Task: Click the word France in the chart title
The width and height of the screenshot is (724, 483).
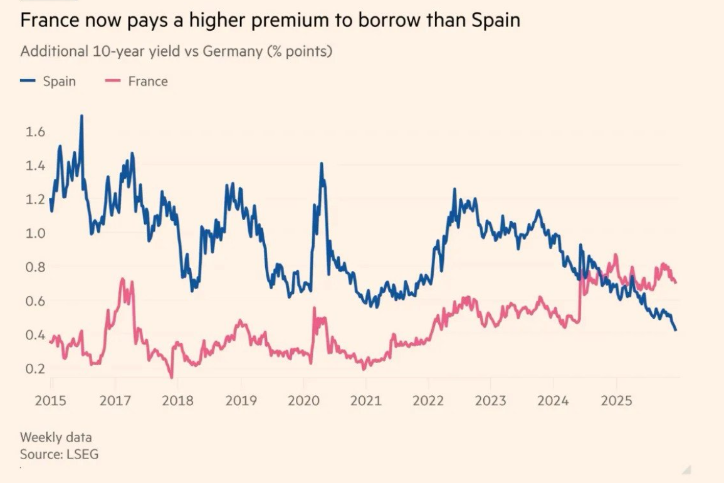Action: (48, 21)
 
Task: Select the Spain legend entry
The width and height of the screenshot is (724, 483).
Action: (59, 82)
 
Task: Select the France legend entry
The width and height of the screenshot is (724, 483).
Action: (148, 82)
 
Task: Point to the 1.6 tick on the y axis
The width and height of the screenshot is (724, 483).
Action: (34, 132)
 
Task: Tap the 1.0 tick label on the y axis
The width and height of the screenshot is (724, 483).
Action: (34, 233)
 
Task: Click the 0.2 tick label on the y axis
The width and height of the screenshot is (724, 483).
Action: (34, 369)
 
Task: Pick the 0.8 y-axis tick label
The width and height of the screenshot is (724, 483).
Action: (34, 267)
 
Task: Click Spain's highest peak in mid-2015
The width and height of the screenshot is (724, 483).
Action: (81, 116)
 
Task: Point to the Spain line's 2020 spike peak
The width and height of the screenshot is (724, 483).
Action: (322, 163)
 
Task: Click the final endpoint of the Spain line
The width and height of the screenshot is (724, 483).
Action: (676, 330)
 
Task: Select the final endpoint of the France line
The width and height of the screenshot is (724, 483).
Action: (676, 283)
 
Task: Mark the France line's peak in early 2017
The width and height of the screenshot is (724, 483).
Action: (123, 279)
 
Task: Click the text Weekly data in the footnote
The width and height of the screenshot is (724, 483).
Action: (55, 437)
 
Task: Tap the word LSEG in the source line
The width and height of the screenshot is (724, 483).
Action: (81, 454)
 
